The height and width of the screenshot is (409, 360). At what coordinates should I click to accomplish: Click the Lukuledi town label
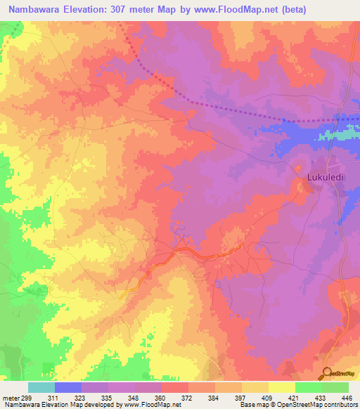[324, 178]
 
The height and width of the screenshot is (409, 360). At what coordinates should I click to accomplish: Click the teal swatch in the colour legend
[41, 387]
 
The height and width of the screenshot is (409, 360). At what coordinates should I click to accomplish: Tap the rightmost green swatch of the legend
[335, 387]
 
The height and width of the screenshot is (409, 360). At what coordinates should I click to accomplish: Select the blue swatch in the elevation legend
[68, 387]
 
